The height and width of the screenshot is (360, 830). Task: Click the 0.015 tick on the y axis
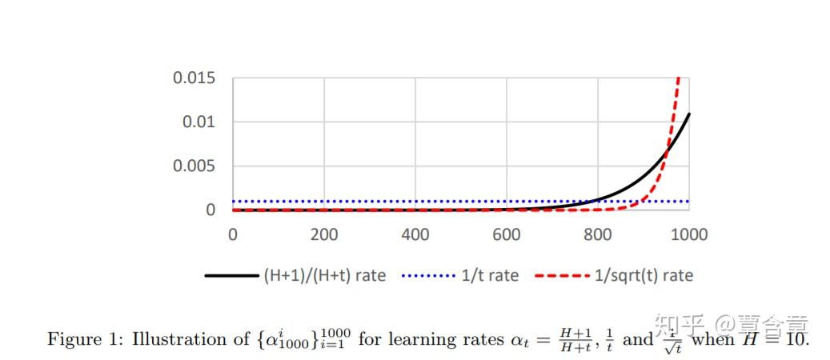(194, 78)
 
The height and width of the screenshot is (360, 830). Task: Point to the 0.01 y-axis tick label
(199, 122)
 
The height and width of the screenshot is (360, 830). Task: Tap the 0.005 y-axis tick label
(194, 166)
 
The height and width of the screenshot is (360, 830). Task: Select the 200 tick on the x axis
(323, 235)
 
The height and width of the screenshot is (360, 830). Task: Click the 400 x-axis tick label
(415, 235)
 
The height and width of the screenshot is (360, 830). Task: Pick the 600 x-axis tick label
(506, 235)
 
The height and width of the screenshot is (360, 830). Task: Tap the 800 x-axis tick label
(597, 235)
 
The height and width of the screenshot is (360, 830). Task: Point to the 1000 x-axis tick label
(688, 235)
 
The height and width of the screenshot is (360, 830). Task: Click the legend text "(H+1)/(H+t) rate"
(324, 276)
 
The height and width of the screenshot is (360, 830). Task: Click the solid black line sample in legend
(231, 276)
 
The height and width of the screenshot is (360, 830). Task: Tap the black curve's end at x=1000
(688, 114)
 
